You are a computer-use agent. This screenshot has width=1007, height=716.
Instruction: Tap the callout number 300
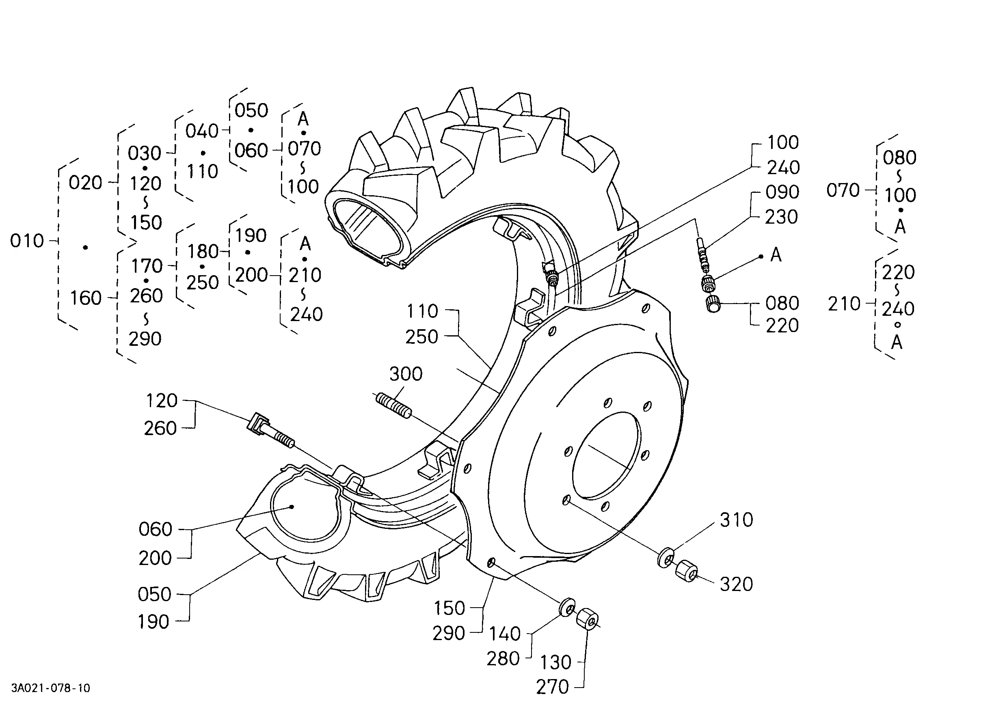pyautogui.click(x=406, y=374)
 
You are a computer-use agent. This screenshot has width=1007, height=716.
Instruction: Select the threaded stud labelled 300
pyautogui.click(x=393, y=405)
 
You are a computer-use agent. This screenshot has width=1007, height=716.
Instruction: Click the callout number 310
pyautogui.click(x=736, y=520)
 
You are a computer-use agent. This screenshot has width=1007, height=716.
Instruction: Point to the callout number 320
pyautogui.click(x=736, y=584)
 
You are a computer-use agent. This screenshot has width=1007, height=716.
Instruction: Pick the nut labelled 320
pyautogui.click(x=686, y=571)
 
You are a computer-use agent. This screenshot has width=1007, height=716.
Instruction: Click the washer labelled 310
pyautogui.click(x=666, y=558)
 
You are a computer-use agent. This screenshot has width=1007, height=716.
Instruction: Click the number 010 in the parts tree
pyautogui.click(x=27, y=241)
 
